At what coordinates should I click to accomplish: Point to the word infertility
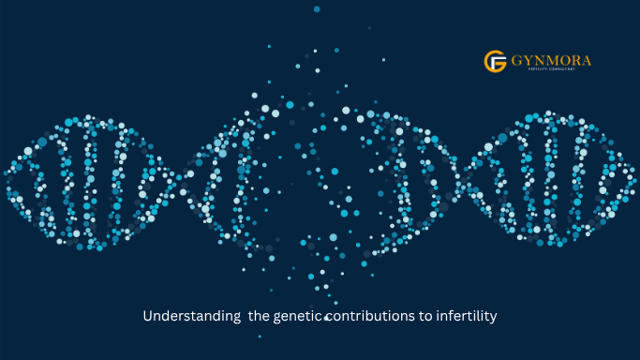[465, 317]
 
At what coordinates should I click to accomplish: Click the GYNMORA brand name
[551, 61]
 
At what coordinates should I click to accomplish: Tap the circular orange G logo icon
[495, 62]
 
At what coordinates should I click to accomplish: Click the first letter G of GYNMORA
[516, 61]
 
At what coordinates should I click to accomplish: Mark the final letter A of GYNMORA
[586, 61]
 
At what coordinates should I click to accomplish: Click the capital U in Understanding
[147, 317]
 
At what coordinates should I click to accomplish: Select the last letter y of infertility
[493, 319]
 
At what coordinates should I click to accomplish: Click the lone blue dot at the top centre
[317, 9]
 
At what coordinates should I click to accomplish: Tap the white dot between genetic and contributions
[326, 319]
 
